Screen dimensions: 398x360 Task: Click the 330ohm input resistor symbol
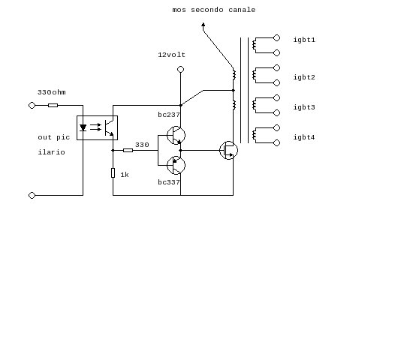click(x=53, y=105)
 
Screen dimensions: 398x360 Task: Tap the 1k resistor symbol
click(x=113, y=173)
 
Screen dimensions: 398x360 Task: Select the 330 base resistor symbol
click(x=128, y=150)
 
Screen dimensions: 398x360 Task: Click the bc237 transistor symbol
click(x=176, y=136)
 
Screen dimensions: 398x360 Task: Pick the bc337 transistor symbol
click(x=176, y=165)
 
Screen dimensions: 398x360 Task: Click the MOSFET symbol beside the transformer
click(x=229, y=150)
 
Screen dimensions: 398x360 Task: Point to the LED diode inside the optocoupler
click(x=83, y=127)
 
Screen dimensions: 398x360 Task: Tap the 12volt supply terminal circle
click(x=180, y=69)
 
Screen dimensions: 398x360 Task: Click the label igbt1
click(x=304, y=40)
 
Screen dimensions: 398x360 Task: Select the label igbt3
click(x=304, y=107)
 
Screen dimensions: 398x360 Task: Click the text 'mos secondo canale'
click(x=214, y=10)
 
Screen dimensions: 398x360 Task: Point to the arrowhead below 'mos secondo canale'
click(x=203, y=25)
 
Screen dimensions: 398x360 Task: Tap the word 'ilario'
click(x=52, y=152)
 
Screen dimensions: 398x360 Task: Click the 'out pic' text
click(x=53, y=137)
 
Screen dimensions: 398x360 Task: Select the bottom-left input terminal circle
click(x=32, y=195)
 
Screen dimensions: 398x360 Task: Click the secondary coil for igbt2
click(x=254, y=75)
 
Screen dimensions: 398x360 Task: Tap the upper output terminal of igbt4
click(x=276, y=127)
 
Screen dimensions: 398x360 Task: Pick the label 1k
click(x=125, y=175)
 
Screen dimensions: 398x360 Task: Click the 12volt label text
click(x=171, y=55)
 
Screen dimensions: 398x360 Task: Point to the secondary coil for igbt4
click(x=254, y=136)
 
